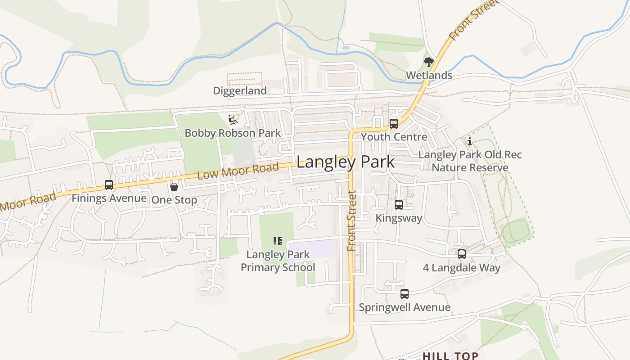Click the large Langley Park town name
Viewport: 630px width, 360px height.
click(346, 162)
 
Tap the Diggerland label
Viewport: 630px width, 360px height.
click(240, 91)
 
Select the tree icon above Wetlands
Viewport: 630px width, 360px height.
click(429, 62)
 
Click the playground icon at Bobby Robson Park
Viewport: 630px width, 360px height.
click(233, 120)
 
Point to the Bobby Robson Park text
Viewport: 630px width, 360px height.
click(233, 133)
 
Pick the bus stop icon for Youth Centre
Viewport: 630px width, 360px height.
click(394, 123)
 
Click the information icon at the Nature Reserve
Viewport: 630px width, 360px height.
click(470, 142)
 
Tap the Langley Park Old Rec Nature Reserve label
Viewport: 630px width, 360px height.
click(470, 161)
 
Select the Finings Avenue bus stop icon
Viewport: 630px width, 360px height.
click(108, 185)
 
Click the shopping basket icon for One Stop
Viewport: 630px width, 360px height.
click(174, 186)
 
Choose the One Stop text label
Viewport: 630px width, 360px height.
click(174, 200)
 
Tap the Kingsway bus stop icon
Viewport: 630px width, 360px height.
click(399, 205)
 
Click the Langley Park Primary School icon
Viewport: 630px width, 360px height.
click(278, 241)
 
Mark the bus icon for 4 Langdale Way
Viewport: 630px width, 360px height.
click(462, 254)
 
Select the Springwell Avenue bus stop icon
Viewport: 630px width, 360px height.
click(405, 294)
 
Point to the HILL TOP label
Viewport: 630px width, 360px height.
click(450, 356)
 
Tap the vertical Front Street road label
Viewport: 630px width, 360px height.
click(351, 220)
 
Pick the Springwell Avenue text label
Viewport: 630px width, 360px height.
click(405, 307)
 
